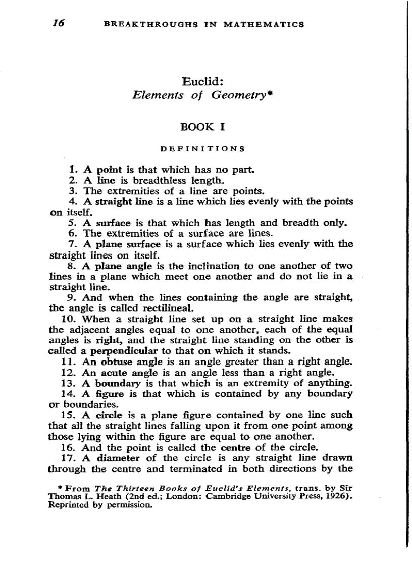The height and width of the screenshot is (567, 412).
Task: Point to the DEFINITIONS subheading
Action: tap(202, 149)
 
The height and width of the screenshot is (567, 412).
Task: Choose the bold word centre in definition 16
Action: tap(235, 447)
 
